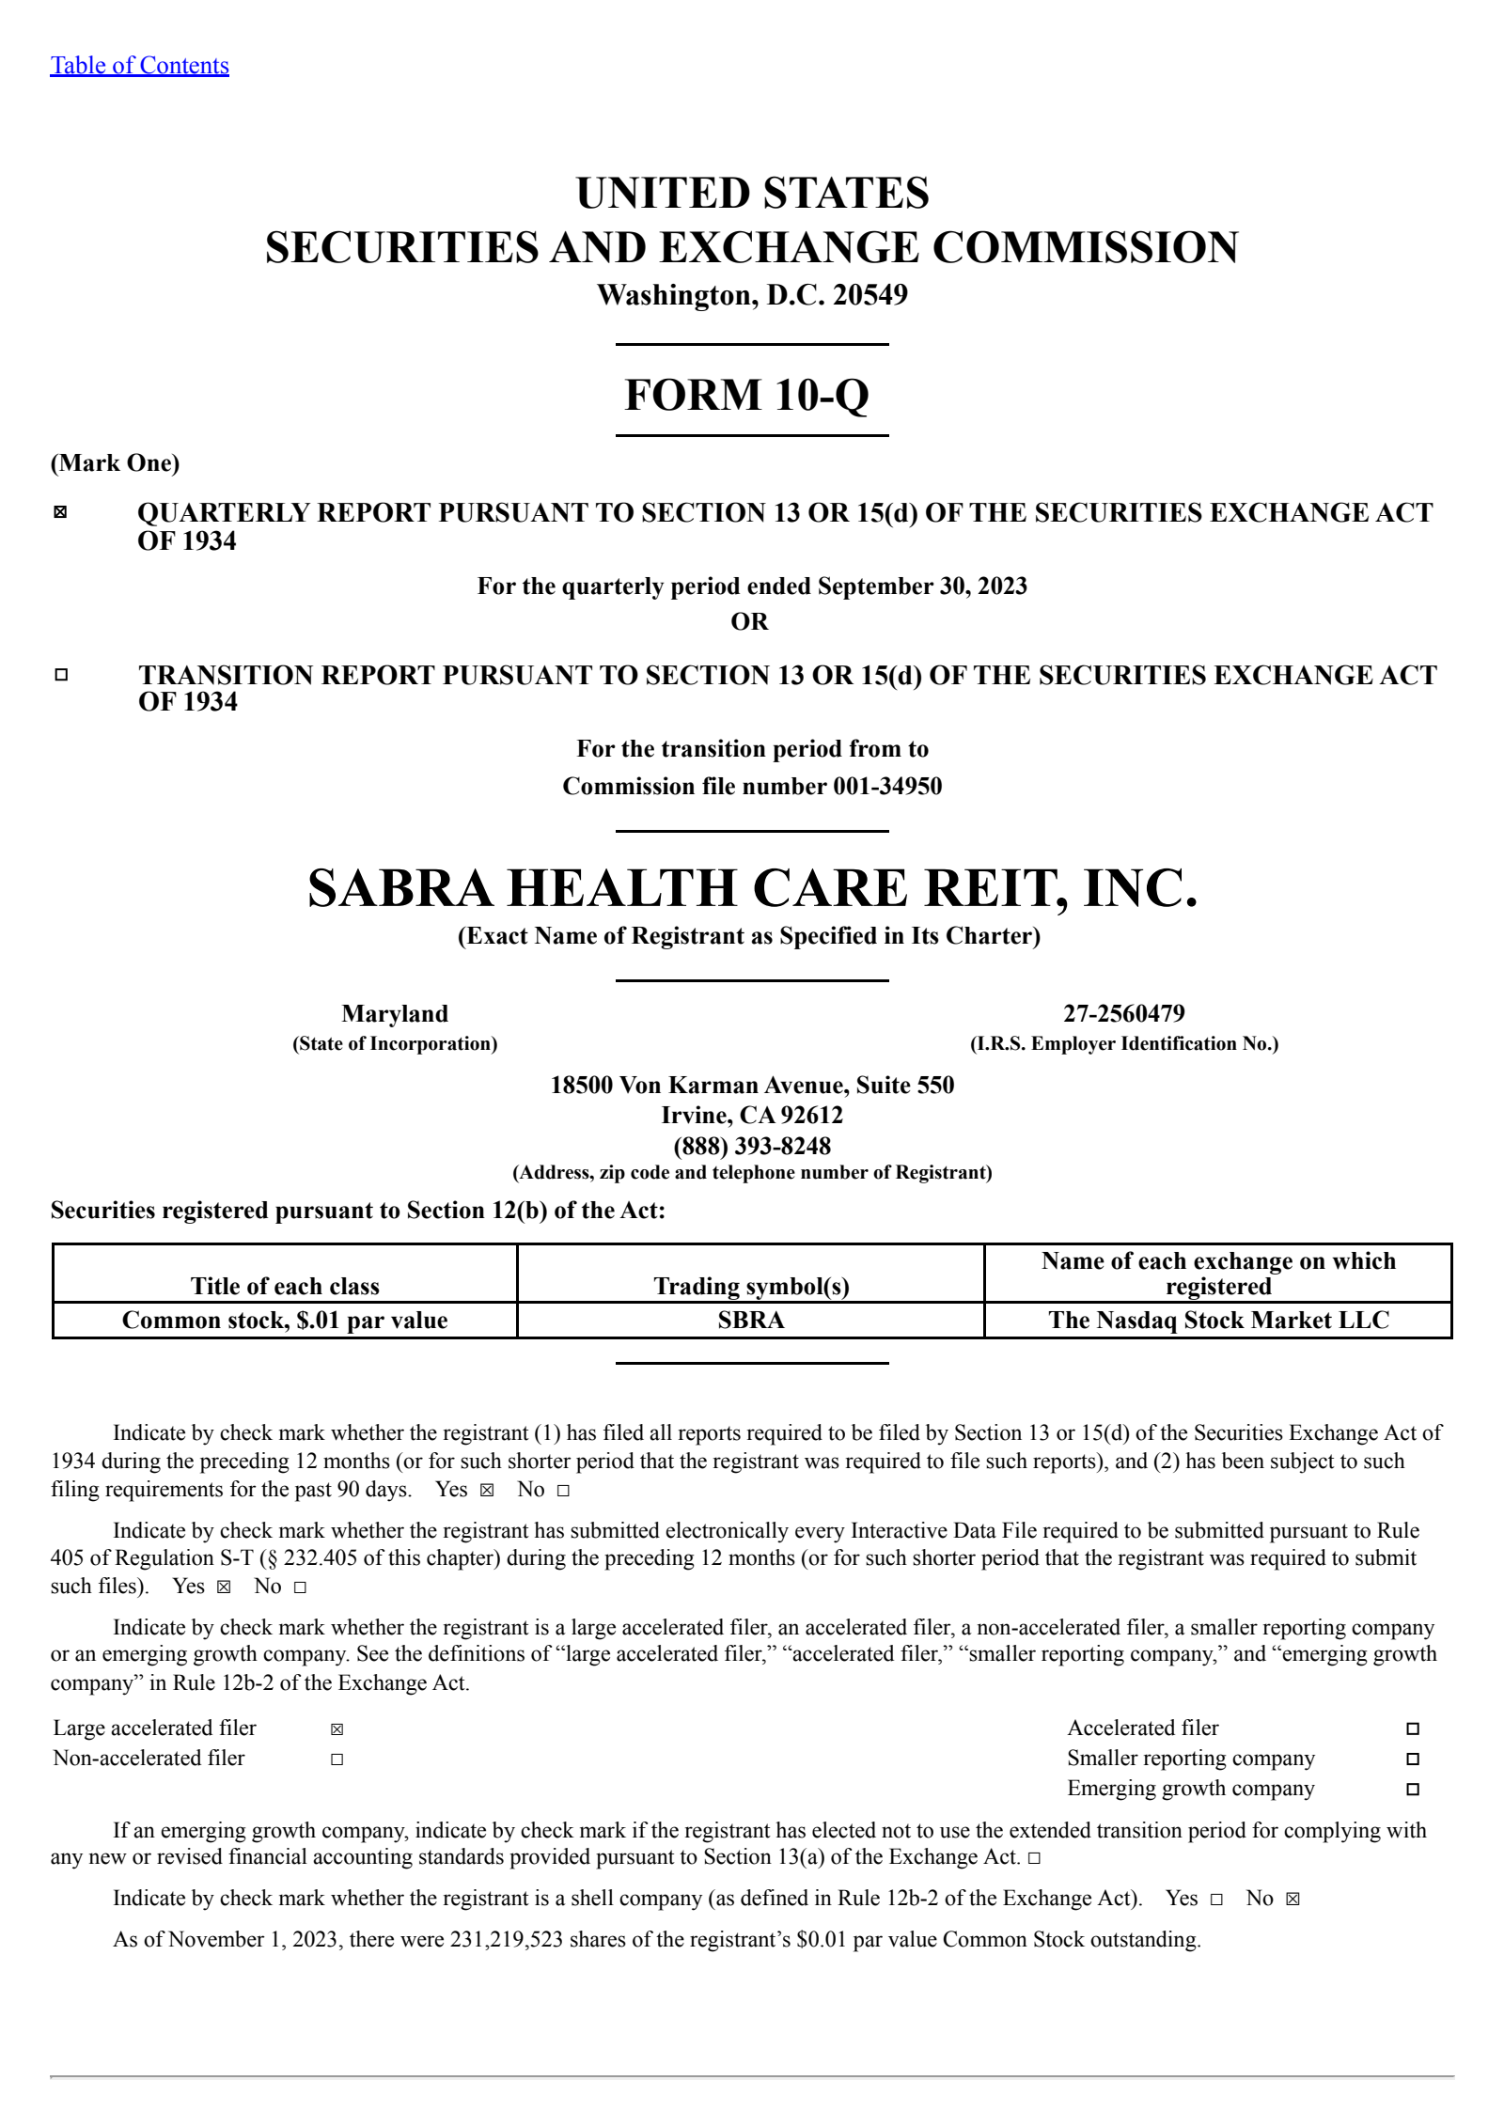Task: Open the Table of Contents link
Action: click(139, 66)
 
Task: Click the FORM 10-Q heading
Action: click(747, 395)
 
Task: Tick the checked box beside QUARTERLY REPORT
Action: click(61, 512)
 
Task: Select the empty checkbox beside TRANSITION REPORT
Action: click(61, 674)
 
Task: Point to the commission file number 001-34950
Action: click(887, 786)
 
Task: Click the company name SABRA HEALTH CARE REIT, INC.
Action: click(752, 889)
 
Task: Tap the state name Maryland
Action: click(395, 1013)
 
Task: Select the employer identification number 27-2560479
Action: click(1123, 1013)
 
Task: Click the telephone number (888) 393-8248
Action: click(752, 1146)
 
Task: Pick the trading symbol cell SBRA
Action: click(750, 1320)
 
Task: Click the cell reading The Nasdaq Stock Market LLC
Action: click(1218, 1320)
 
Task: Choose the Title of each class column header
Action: click(285, 1286)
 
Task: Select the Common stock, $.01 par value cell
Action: click(285, 1320)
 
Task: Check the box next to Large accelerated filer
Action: click(337, 1729)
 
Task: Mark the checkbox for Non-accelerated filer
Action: click(337, 1759)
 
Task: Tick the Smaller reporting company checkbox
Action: click(1412, 1759)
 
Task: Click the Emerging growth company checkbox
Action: click(1412, 1790)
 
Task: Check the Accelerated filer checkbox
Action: click(1412, 1729)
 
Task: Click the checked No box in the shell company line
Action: click(1292, 1900)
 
